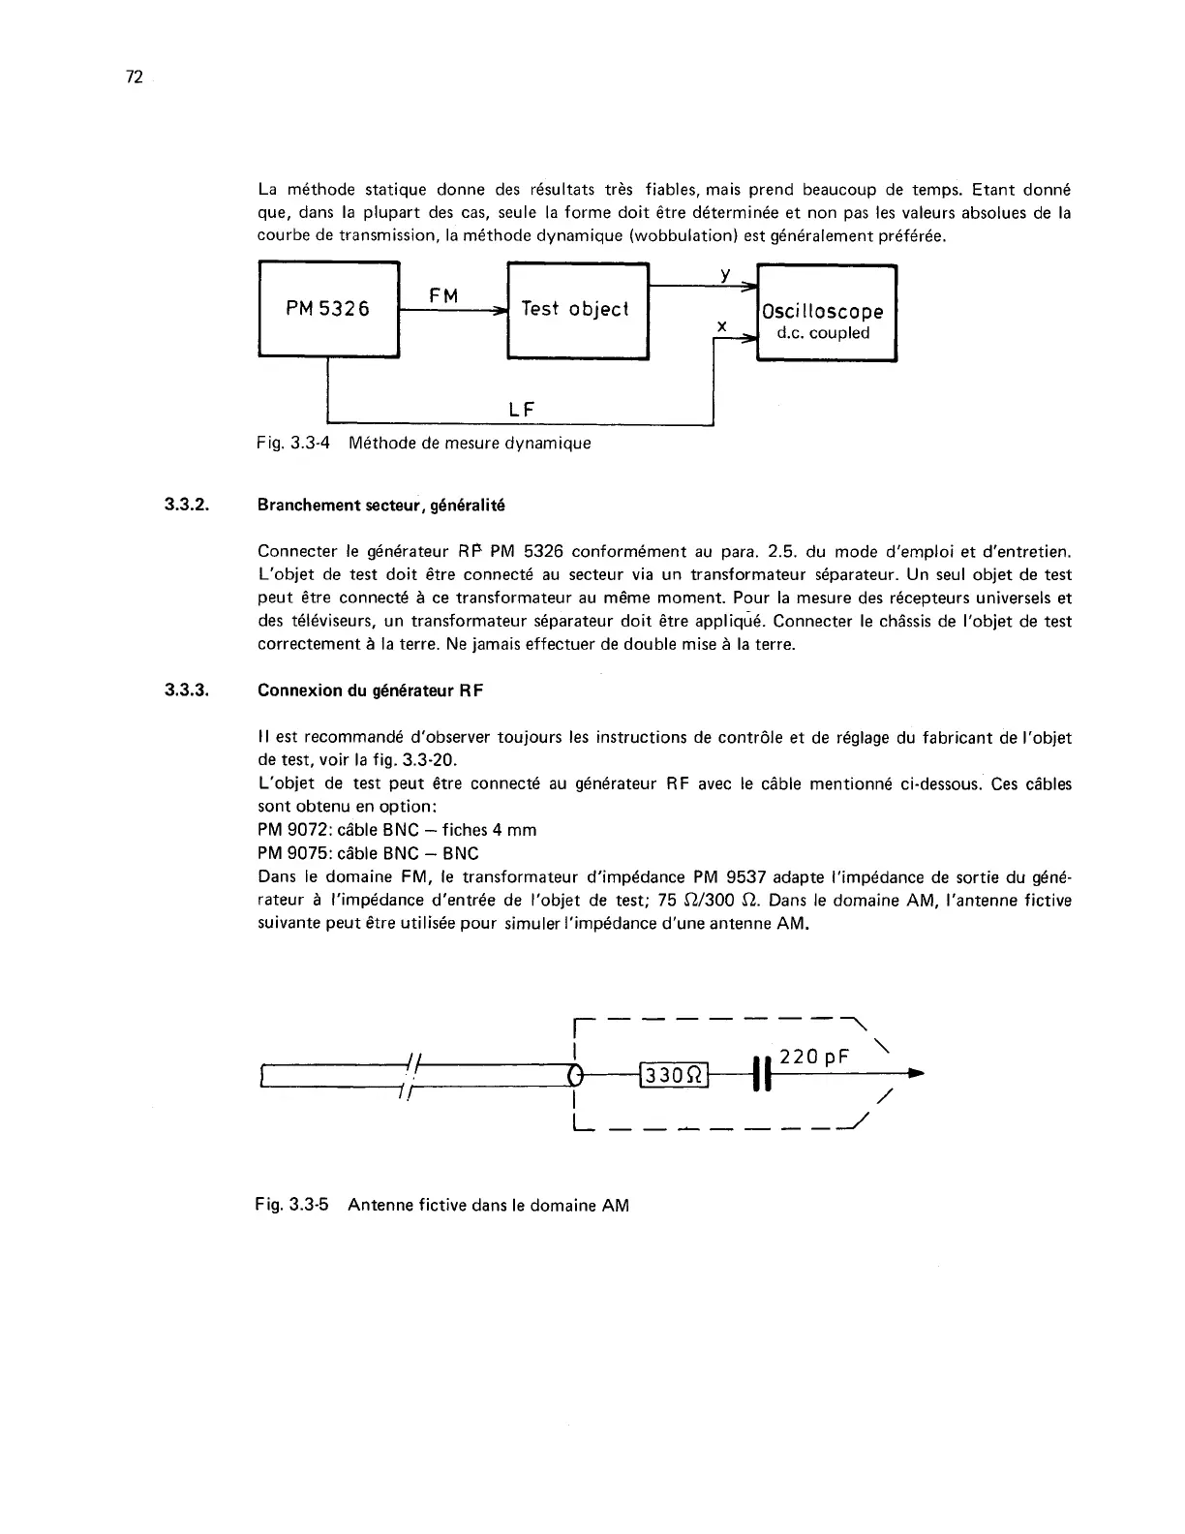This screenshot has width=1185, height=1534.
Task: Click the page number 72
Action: [135, 78]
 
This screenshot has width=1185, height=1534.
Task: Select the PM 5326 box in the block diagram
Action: [328, 310]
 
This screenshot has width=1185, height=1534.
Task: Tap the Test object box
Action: [577, 310]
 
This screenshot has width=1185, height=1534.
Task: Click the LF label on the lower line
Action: [522, 410]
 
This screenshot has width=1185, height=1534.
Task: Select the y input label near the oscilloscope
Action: [724, 275]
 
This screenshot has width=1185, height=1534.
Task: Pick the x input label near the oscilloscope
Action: [722, 326]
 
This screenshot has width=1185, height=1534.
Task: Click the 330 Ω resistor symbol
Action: [675, 1075]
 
